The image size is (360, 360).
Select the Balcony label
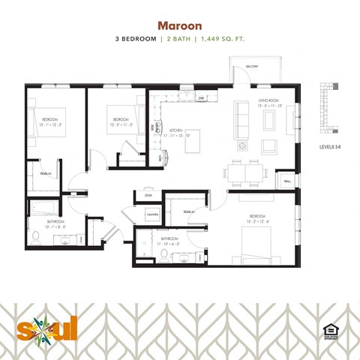252,67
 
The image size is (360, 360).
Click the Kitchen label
176,129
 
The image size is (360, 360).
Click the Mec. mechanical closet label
287,181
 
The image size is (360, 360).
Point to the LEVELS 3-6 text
331,147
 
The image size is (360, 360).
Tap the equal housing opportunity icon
328,330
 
